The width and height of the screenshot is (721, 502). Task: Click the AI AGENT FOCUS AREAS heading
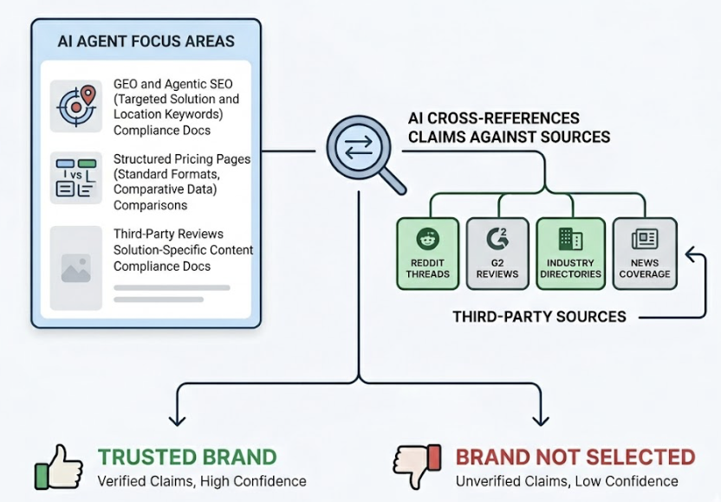(146, 41)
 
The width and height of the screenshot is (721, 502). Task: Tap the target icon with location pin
(76, 106)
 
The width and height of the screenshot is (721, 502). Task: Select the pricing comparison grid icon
(76, 177)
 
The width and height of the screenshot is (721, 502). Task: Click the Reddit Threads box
(427, 254)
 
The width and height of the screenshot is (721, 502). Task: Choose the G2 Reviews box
(497, 254)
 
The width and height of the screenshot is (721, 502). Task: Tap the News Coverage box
(645, 254)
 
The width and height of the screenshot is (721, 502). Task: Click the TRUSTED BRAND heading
(186, 457)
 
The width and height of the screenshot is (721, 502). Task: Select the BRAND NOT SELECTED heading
(575, 457)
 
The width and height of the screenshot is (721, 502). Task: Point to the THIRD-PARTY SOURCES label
(539, 317)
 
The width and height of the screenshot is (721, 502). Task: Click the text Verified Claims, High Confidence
(201, 481)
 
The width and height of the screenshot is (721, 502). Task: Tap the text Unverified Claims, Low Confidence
(567, 481)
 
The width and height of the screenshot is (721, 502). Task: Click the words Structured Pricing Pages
(182, 159)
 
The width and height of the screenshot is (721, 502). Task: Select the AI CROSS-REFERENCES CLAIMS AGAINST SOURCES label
(509, 127)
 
